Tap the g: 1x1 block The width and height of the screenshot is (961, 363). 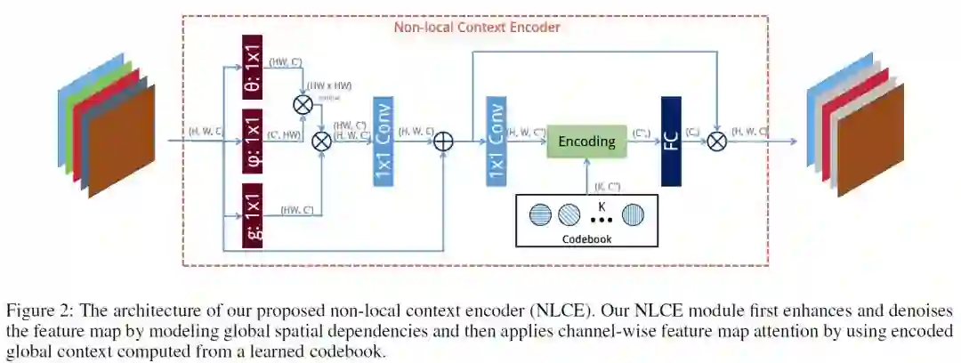pyautogui.click(x=253, y=214)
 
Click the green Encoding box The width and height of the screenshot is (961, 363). pyautogui.click(x=586, y=141)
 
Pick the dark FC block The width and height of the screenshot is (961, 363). pyautogui.click(x=671, y=141)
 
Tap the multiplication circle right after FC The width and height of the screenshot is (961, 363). pyautogui.click(x=716, y=141)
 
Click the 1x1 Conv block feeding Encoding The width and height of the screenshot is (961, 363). pyautogui.click(x=496, y=141)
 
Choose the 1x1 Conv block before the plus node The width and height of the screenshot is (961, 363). pyautogui.click(x=384, y=141)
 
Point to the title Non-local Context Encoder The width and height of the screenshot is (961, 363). pyautogui.click(x=477, y=27)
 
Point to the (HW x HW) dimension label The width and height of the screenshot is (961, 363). pyautogui.click(x=330, y=86)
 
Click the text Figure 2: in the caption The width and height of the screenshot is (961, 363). pyautogui.click(x=40, y=311)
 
